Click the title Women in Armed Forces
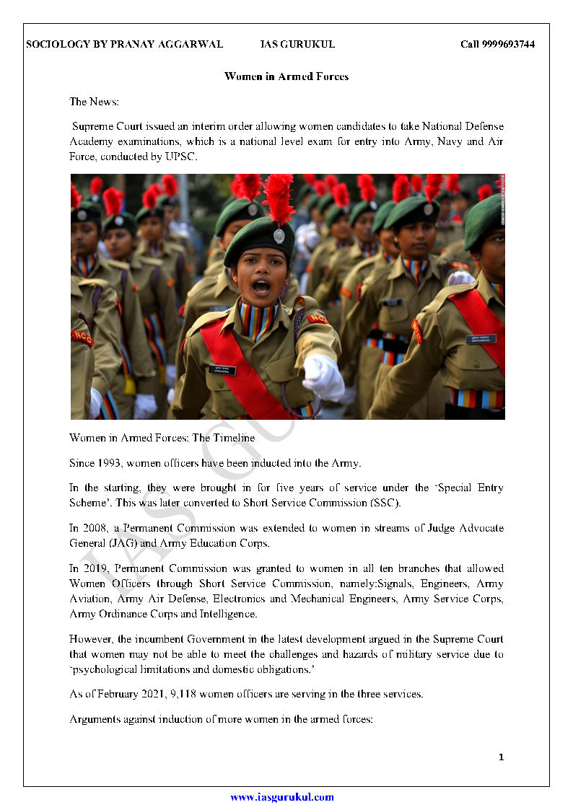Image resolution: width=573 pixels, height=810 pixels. coord(286,76)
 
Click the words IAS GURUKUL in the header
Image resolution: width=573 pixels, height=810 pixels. coord(297,45)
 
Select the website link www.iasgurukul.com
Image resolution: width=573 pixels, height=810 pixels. coord(282,797)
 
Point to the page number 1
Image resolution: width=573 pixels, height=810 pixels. coord(501,757)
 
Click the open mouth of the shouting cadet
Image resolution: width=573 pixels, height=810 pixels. coord(261,287)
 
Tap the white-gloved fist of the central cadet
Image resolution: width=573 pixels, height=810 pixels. coord(322,376)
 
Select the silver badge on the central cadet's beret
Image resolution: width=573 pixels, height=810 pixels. coord(279,235)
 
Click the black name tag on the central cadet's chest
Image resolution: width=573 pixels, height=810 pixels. coord(222,370)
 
